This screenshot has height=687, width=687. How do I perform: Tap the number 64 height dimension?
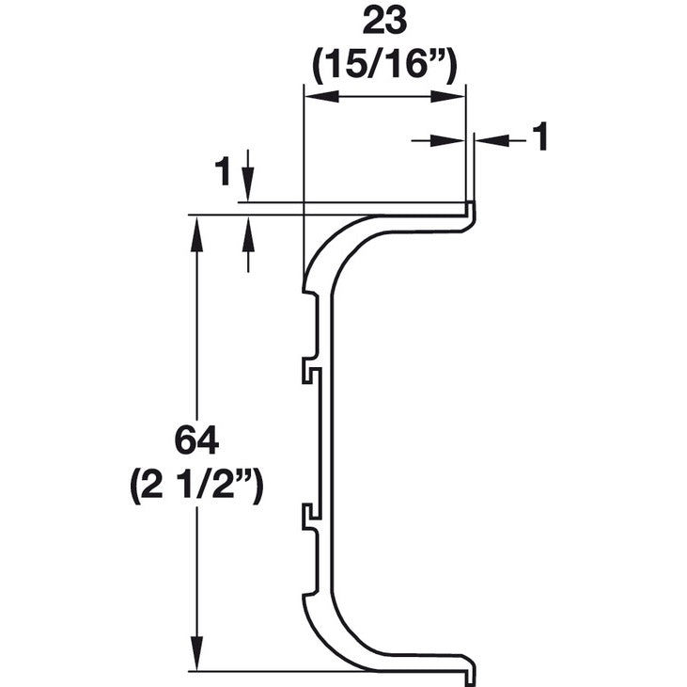click(x=196, y=440)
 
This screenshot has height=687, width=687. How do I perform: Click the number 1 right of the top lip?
click(x=539, y=139)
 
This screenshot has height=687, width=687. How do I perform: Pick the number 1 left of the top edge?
click(x=223, y=171)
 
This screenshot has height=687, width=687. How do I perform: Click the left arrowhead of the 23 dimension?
click(x=316, y=95)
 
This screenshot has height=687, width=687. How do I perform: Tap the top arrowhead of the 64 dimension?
click(x=196, y=230)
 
